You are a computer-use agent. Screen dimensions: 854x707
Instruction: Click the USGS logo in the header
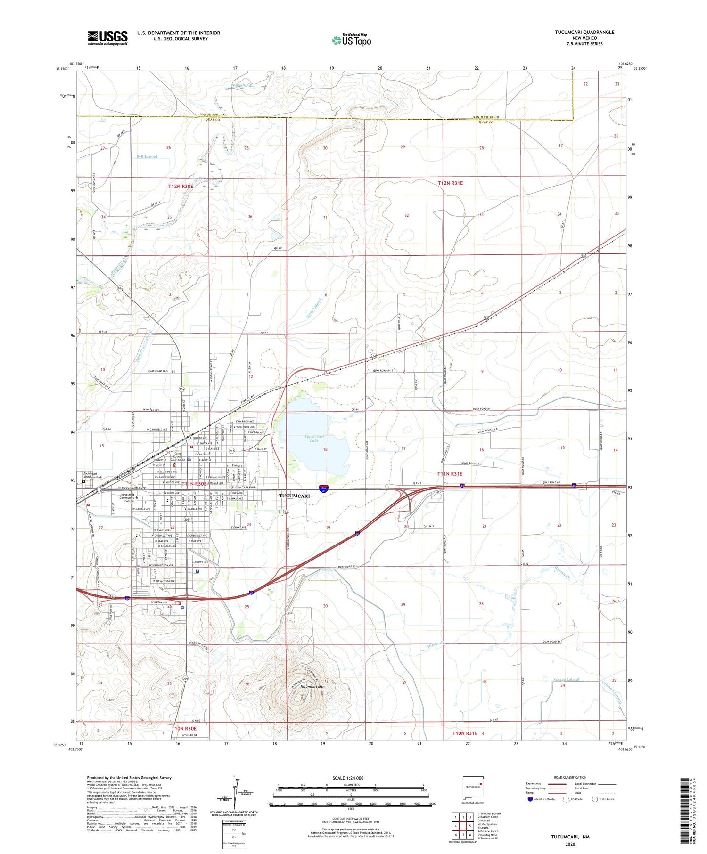point(107,38)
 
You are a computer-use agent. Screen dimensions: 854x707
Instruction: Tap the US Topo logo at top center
point(352,40)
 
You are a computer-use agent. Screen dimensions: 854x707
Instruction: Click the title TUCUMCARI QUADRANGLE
point(584,32)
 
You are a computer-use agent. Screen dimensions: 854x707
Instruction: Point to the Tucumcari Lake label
point(312,439)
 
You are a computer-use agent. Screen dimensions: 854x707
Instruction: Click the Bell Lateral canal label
point(147,156)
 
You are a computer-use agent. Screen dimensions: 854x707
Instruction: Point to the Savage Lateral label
point(566,679)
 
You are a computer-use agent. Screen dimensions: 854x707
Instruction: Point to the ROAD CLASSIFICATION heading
point(570,777)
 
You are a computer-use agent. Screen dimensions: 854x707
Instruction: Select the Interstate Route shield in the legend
point(530,799)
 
